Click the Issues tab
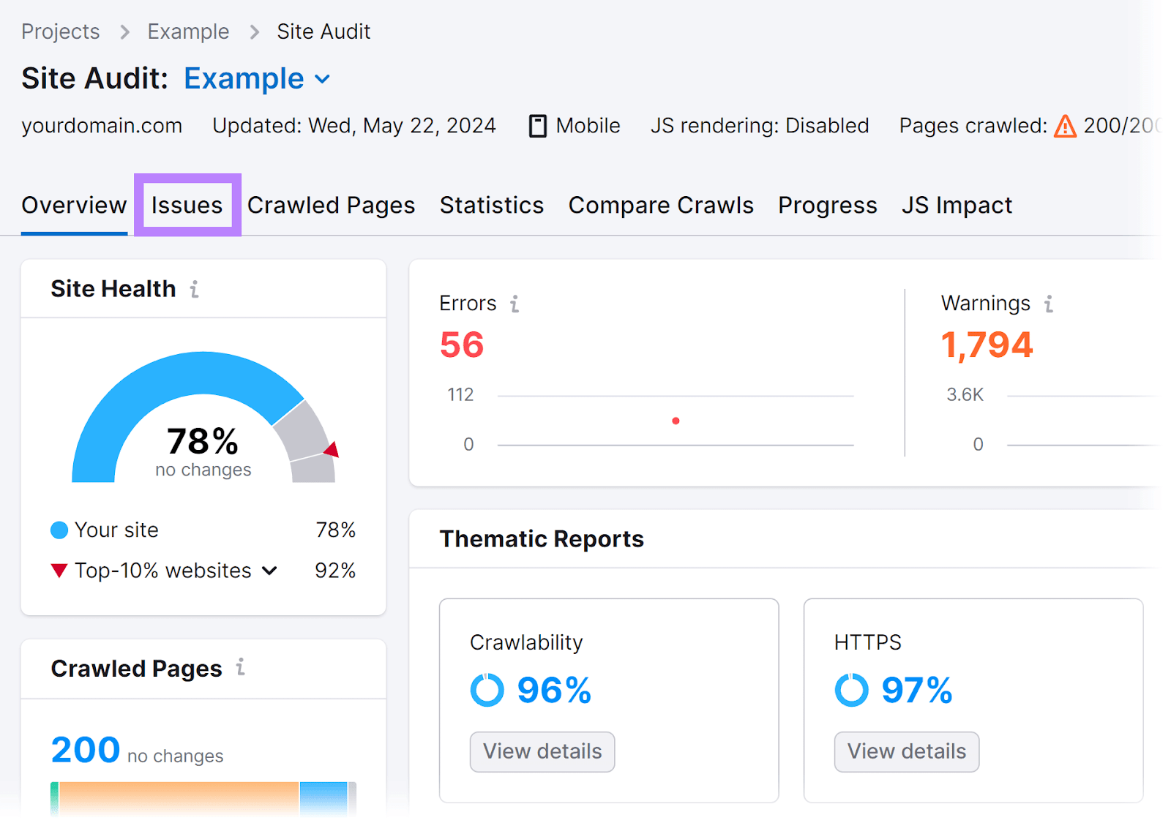187,206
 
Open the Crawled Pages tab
331,206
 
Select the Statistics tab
491,206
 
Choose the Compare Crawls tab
660,206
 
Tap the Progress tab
827,206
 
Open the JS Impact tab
956,206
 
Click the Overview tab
74,206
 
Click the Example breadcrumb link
188,31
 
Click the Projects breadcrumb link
61,31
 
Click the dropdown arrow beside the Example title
322,79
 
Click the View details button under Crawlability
542,751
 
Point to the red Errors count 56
462,345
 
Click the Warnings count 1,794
986,345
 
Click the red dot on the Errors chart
676,421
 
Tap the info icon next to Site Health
195,290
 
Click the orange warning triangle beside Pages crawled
1065,127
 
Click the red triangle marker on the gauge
332,449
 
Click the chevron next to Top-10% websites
269,571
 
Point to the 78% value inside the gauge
202,442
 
